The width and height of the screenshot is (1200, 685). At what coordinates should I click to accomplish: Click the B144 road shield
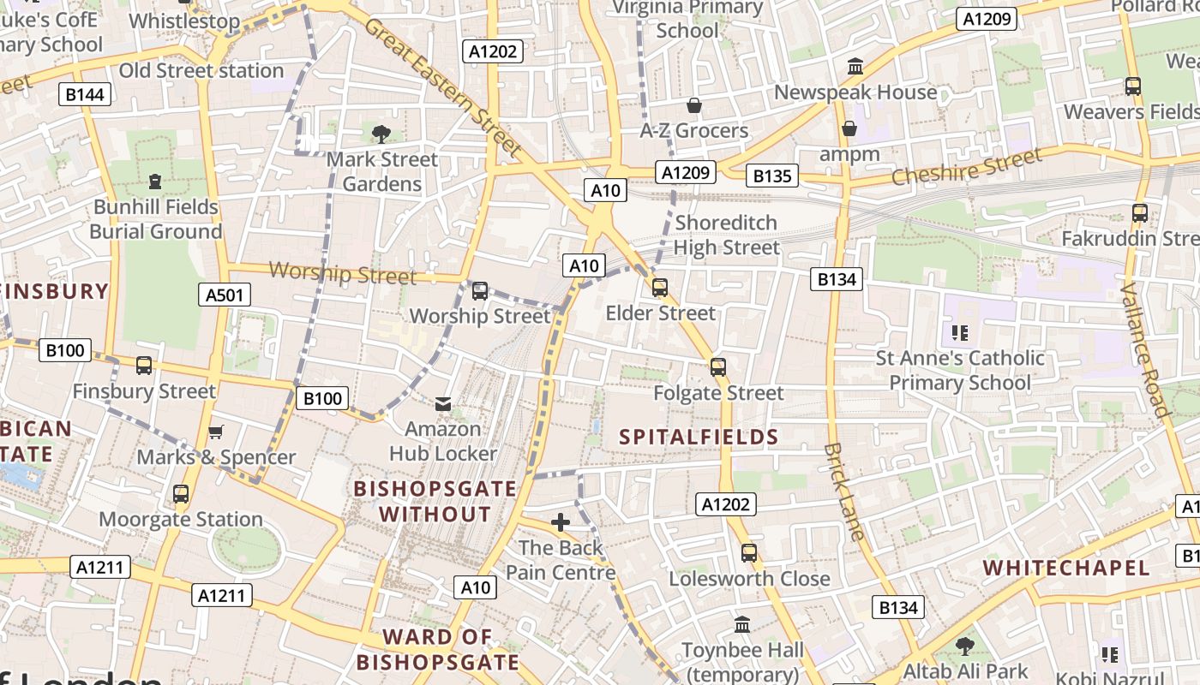tap(85, 94)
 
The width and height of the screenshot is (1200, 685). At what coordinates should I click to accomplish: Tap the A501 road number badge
tap(225, 295)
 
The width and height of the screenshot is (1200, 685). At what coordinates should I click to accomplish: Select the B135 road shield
tap(771, 176)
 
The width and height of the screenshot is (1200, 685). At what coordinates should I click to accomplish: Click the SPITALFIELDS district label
tap(699, 437)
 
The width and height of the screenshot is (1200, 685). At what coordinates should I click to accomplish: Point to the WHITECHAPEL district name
tap(1066, 568)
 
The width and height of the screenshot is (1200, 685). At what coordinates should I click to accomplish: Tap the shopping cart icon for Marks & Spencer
tap(216, 432)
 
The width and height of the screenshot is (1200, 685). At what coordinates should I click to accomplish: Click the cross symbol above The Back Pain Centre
tap(561, 522)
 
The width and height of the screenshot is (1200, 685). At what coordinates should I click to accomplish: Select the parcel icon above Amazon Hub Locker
tap(443, 403)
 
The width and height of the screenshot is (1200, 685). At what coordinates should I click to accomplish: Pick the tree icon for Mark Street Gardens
tap(381, 134)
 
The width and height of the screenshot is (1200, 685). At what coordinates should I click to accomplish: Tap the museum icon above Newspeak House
tap(855, 67)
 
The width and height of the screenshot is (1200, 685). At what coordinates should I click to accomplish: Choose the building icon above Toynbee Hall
tap(742, 624)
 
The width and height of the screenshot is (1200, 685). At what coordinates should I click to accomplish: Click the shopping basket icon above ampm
tap(849, 128)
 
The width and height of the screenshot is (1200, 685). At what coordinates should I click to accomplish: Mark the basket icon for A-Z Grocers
tap(694, 105)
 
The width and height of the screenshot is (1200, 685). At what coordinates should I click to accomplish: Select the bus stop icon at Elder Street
tap(660, 288)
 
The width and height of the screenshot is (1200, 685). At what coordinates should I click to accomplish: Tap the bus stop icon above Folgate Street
tap(718, 367)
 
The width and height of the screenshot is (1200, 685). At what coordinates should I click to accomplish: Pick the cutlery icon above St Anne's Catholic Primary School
tap(959, 332)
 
